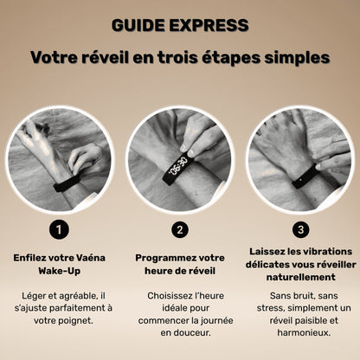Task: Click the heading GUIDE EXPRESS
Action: (x=180, y=23)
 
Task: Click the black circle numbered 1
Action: (x=60, y=229)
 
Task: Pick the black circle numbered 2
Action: (x=180, y=229)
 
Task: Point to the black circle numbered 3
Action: (x=300, y=229)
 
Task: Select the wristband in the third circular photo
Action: (x=299, y=177)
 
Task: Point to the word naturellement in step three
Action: (x=300, y=277)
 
